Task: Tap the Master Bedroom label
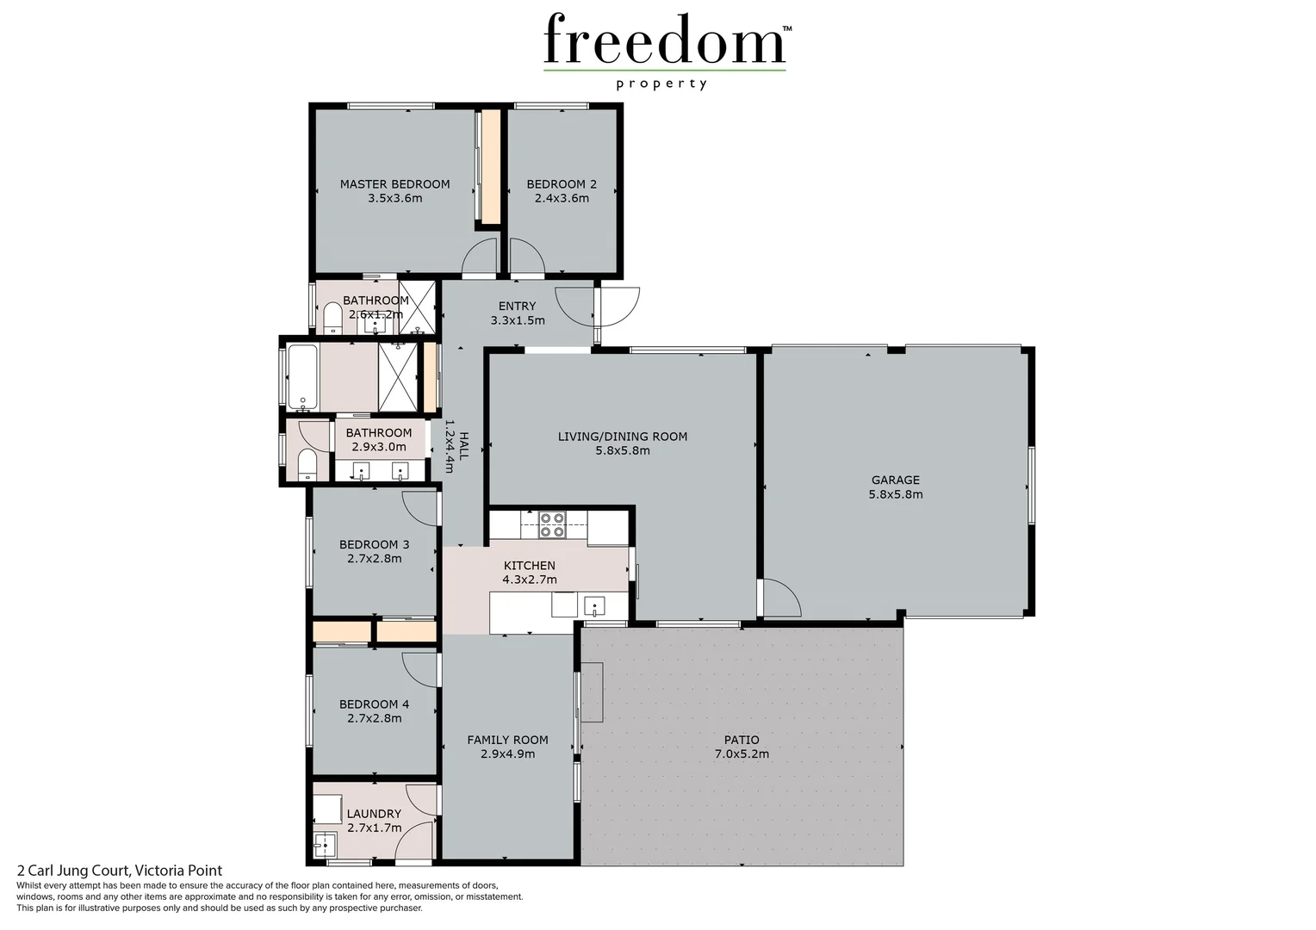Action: click(x=394, y=183)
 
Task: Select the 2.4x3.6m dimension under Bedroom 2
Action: click(x=562, y=198)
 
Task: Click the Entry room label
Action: click(x=517, y=306)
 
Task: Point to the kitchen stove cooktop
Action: click(x=551, y=524)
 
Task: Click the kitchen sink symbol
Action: click(x=594, y=605)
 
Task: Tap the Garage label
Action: click(x=895, y=480)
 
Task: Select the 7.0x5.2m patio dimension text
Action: click(x=742, y=753)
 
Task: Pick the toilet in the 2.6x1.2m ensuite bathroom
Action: click(x=332, y=320)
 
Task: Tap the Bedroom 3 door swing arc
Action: click(x=420, y=507)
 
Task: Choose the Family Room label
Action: click(x=507, y=740)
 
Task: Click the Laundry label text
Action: click(x=374, y=814)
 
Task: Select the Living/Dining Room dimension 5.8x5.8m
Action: click(x=622, y=450)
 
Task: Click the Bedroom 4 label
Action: click(x=374, y=704)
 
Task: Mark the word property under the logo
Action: click(x=661, y=84)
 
